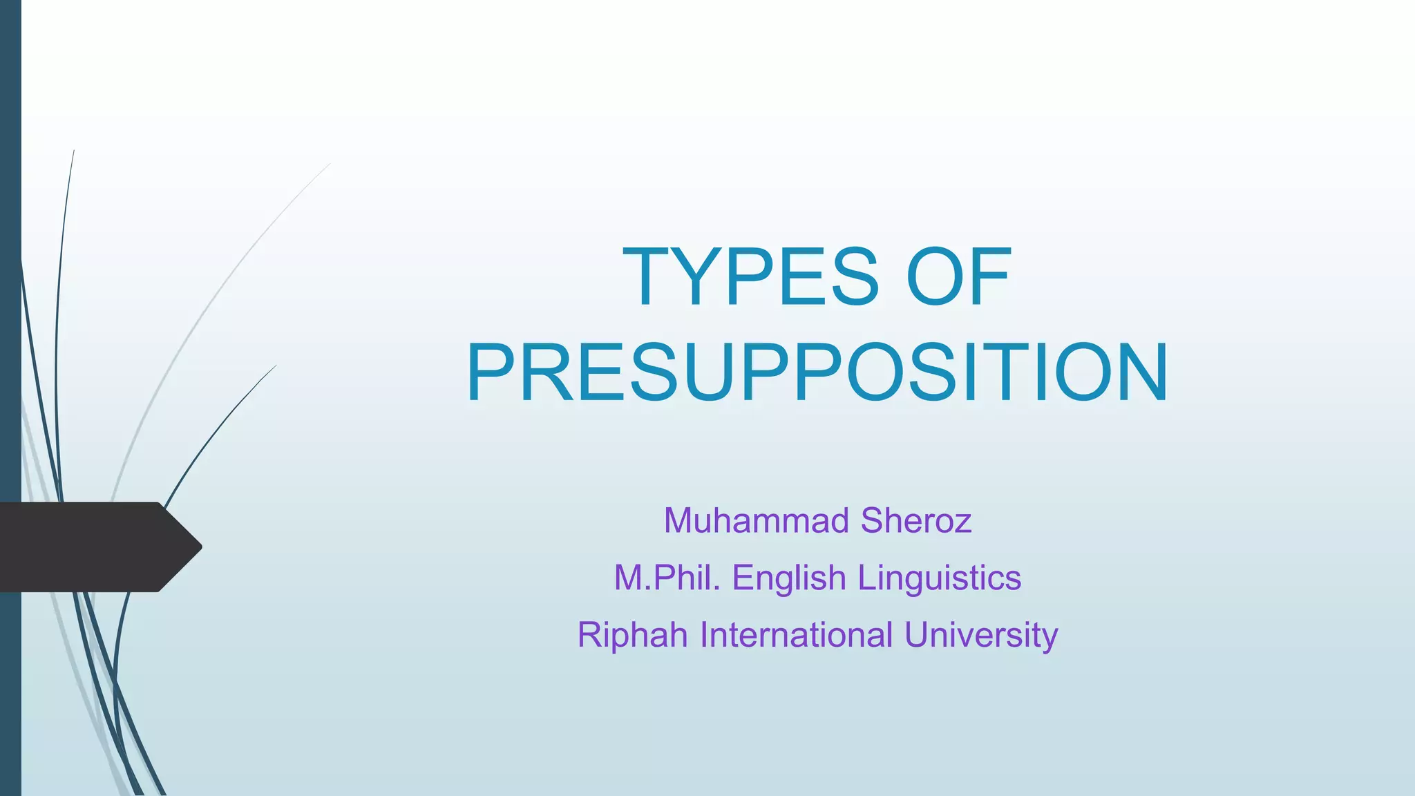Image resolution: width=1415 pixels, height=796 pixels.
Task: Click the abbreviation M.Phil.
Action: [667, 578]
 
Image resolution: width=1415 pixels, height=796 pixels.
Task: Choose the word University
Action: [980, 636]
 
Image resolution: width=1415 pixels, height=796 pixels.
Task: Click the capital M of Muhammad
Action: [678, 520]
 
